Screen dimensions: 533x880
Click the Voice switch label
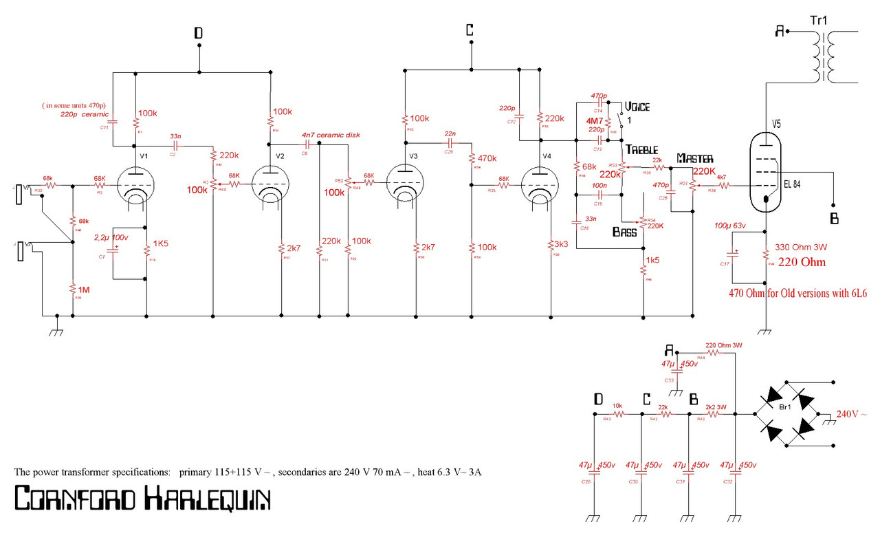coord(637,107)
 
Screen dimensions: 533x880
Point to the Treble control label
coord(641,150)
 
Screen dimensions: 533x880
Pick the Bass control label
coord(624,232)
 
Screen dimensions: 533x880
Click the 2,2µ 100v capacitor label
coord(111,237)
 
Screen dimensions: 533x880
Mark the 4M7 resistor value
coord(595,120)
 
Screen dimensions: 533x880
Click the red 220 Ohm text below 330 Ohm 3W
coord(800,262)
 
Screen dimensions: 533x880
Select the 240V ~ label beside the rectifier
coord(856,414)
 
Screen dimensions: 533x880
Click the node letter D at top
coord(198,32)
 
